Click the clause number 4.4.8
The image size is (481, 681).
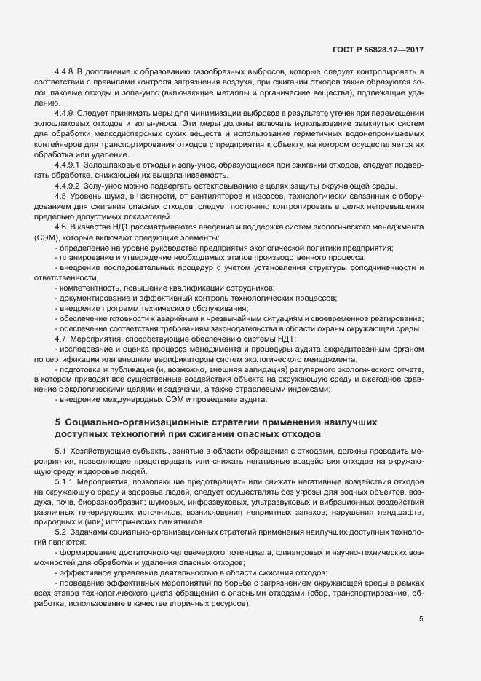coord(65,74)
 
